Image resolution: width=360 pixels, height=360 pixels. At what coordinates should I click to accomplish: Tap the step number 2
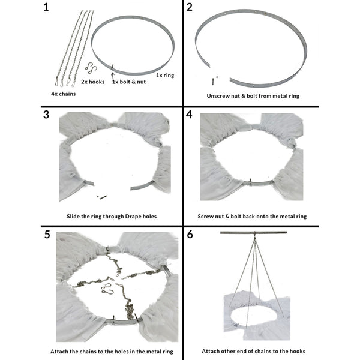click(190, 8)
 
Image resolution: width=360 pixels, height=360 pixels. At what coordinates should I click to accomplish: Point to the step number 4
click(190, 115)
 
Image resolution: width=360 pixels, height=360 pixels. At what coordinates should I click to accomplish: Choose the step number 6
click(190, 234)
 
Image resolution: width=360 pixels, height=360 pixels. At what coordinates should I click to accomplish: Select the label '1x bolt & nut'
click(130, 83)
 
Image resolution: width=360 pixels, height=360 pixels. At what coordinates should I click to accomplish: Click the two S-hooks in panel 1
click(91, 68)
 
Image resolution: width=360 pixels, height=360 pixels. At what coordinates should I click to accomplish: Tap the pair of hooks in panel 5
click(107, 290)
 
